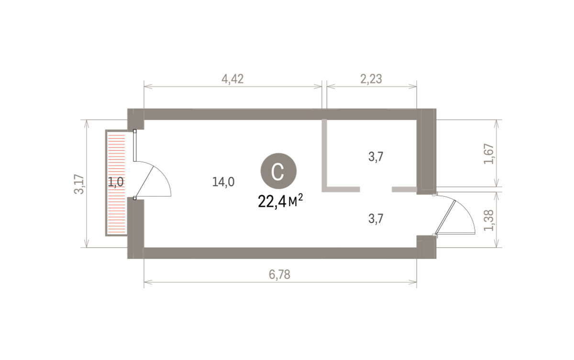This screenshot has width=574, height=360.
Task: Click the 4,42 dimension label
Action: (232, 79)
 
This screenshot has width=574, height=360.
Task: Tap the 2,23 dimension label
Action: (371, 79)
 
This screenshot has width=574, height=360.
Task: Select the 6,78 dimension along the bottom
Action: (279, 275)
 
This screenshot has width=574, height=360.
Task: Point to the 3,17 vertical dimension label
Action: (79, 184)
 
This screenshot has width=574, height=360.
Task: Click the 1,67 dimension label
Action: (488, 154)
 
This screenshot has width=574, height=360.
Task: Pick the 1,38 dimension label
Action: (488, 221)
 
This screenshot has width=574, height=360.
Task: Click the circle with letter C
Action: (278, 171)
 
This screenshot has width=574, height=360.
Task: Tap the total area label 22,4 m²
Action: (280, 201)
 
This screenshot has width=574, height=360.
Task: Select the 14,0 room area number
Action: (223, 182)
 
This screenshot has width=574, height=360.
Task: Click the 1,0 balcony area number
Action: (116, 182)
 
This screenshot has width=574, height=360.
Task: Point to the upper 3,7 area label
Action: (375, 157)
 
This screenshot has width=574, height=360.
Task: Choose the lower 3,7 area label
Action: (375, 219)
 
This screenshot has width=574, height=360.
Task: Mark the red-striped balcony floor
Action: (116, 182)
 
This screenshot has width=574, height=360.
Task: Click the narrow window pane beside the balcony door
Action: (135, 146)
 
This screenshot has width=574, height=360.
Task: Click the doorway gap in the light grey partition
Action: (376, 190)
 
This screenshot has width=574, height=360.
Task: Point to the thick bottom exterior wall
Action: (280, 253)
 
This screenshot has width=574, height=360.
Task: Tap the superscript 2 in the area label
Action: (300, 197)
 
